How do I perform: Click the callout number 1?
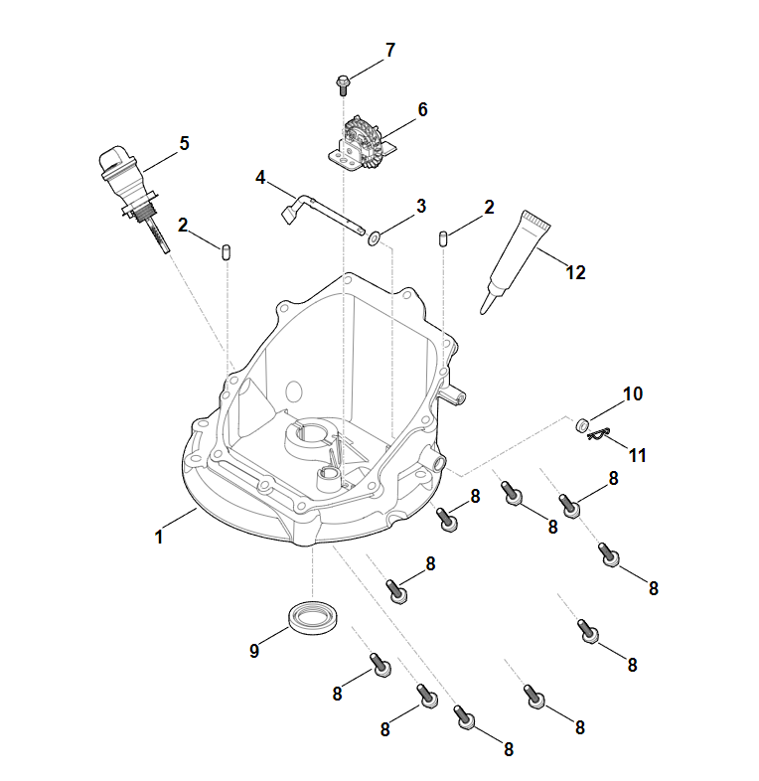[158, 538]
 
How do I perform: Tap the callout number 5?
[184, 143]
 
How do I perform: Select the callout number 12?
[576, 272]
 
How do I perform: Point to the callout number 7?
[389, 50]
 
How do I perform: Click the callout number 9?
[254, 651]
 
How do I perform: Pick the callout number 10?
[633, 393]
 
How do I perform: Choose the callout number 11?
[637, 455]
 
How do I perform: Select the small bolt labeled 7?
[343, 80]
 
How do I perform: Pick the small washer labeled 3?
[373, 238]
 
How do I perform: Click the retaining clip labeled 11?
[598, 433]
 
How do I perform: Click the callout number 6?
[422, 109]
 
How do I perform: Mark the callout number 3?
[420, 206]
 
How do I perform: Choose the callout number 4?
[261, 178]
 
